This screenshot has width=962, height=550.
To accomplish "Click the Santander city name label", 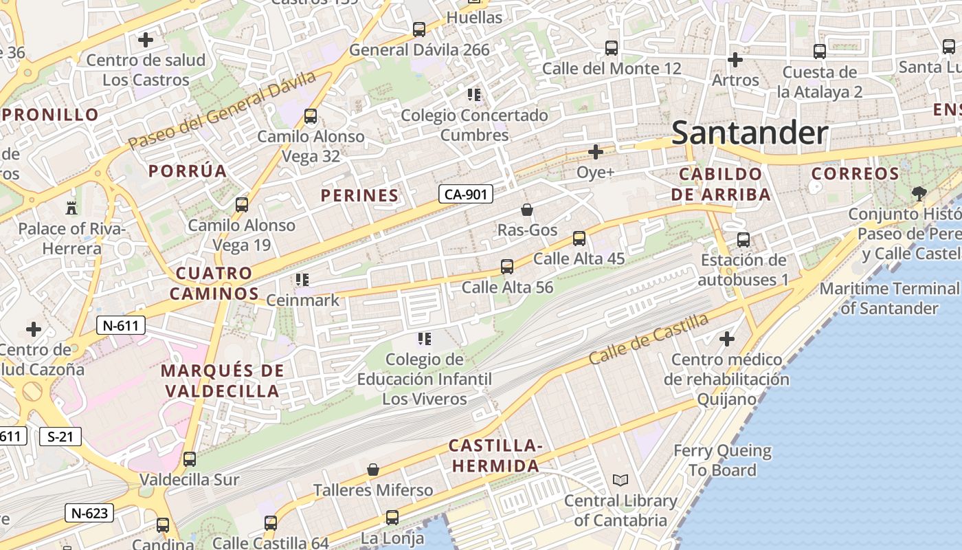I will (x=750, y=133).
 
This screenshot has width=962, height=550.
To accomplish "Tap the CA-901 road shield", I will (x=466, y=195).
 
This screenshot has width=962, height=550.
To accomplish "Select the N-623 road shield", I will (x=89, y=513).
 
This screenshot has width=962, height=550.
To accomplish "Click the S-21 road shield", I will (x=60, y=436).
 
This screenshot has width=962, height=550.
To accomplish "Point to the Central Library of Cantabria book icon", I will (x=620, y=481).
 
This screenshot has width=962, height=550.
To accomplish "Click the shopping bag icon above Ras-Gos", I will (x=527, y=210).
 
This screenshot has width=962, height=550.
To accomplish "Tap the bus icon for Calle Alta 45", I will (x=579, y=239).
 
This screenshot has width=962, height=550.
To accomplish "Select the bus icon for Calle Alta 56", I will (x=507, y=266).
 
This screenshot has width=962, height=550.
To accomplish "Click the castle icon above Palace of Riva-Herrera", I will (x=71, y=208).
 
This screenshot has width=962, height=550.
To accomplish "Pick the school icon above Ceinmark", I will (x=302, y=280).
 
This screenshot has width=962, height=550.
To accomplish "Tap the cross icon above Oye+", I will (x=596, y=152).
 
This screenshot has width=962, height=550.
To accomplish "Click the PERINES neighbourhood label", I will (x=359, y=196).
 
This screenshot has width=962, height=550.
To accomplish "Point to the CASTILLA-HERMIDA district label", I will (x=495, y=456).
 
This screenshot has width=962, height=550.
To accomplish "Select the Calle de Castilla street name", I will (x=648, y=340).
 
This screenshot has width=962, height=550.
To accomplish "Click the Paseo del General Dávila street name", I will (x=222, y=110).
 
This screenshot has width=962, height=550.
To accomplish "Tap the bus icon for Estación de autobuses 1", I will (x=743, y=240).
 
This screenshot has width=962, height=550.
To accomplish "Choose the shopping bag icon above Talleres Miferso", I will (x=373, y=470).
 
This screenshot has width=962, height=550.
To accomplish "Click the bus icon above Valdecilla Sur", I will (x=190, y=459).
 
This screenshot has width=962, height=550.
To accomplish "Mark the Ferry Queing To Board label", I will (x=722, y=461).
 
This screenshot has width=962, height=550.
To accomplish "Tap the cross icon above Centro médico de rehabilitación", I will (x=727, y=339).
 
